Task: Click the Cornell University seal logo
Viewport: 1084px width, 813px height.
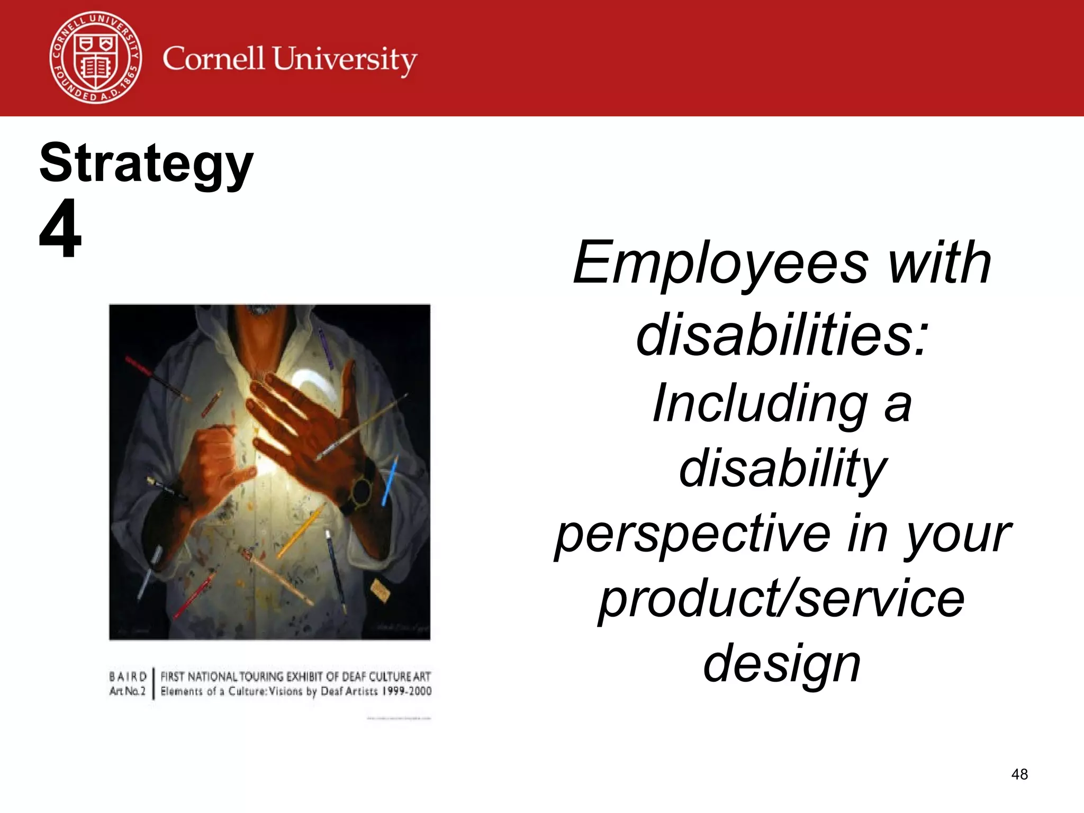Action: pyautogui.click(x=96, y=58)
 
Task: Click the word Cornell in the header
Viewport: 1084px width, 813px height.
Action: pyautogui.click(x=213, y=58)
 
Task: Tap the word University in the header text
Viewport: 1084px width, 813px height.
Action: pyautogui.click(x=345, y=60)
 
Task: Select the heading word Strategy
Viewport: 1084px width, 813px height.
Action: pyautogui.click(x=146, y=164)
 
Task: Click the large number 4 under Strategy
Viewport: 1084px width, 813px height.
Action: pyautogui.click(x=60, y=229)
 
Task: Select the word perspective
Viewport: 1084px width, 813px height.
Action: pyautogui.click(x=693, y=535)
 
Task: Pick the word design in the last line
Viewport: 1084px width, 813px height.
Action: pyautogui.click(x=782, y=663)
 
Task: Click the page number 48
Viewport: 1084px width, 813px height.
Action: pyautogui.click(x=1019, y=774)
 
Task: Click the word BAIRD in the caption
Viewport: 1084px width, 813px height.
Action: pyautogui.click(x=128, y=677)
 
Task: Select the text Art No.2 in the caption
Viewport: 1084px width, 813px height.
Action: pyautogui.click(x=127, y=691)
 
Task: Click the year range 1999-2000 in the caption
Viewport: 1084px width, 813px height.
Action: pyautogui.click(x=406, y=691)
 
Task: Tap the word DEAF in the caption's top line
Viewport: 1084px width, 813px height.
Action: pyautogui.click(x=354, y=677)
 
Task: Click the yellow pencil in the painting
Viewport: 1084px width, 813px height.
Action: pyautogui.click(x=301, y=531)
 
